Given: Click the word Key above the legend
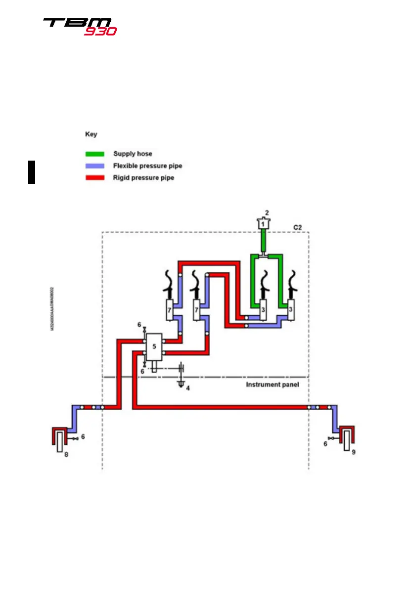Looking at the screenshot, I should tap(91, 134).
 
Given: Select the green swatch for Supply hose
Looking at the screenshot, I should tap(94, 154).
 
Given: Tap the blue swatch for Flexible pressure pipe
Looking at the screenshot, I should tap(94, 166).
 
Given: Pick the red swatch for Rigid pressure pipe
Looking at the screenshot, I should tap(94, 177).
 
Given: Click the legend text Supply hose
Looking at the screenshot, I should tap(133, 154).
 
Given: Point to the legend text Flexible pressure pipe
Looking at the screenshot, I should tap(147, 166).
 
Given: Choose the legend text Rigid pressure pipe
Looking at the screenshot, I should tap(143, 177).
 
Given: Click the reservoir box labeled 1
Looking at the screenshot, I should tap(264, 224).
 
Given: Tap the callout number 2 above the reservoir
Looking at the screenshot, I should tap(267, 212).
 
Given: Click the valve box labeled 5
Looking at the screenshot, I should tap(154, 346).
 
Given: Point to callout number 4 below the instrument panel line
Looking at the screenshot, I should tap(187, 388).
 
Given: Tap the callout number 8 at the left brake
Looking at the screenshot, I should tap(66, 454).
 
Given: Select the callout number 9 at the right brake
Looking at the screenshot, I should tap(353, 452).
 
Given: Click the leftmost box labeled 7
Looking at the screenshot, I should tap(170, 310).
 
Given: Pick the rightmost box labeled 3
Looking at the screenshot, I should tap(290, 310).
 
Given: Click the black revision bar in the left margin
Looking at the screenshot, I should tap(32, 172).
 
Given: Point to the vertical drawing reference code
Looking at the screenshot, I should tap(52, 309).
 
